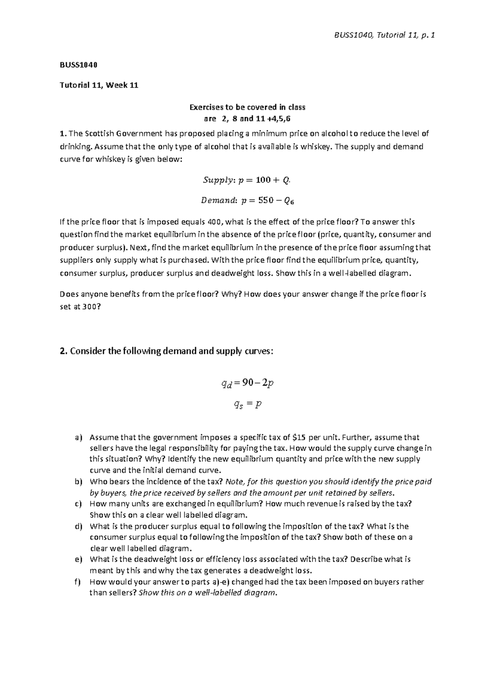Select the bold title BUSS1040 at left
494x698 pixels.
(x=78, y=65)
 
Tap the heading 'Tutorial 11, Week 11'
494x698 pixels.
(x=99, y=86)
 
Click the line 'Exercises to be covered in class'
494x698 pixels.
(x=247, y=107)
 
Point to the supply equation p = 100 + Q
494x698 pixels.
(x=247, y=180)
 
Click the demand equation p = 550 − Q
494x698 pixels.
(x=247, y=201)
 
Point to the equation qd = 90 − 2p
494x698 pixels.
(x=247, y=384)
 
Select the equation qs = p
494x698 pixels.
(x=247, y=405)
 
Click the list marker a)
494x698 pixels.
(x=79, y=437)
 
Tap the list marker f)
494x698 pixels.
(x=79, y=582)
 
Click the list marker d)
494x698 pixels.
(x=79, y=526)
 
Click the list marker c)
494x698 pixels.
(x=79, y=504)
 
